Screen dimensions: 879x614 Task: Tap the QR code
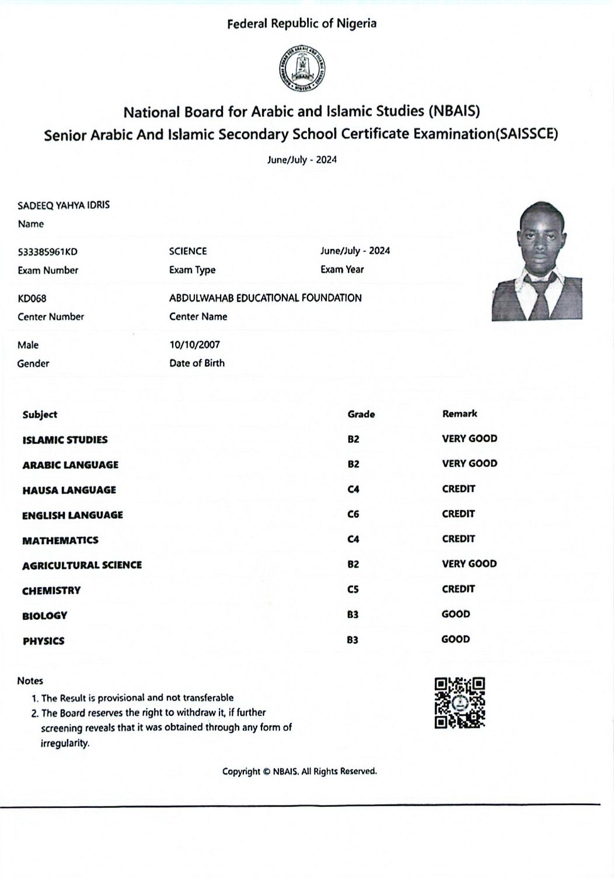pyautogui.click(x=460, y=703)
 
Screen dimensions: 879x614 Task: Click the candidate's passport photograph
pyautogui.click(x=536, y=261)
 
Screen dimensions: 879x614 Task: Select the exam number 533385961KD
pyautogui.click(x=47, y=252)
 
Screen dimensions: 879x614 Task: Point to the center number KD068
pyautogui.click(x=32, y=299)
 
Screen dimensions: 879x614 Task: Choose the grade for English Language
pyautogui.click(x=353, y=514)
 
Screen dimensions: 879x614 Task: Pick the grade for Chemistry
pyautogui.click(x=353, y=590)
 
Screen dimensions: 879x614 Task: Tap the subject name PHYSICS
pyautogui.click(x=44, y=641)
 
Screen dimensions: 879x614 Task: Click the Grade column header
pyautogui.click(x=361, y=414)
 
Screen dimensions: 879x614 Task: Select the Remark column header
pyautogui.click(x=459, y=414)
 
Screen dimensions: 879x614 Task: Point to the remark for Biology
pyautogui.click(x=455, y=614)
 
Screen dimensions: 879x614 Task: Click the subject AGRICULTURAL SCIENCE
pyautogui.click(x=82, y=565)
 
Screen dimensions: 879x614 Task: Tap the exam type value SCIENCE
pyautogui.click(x=188, y=252)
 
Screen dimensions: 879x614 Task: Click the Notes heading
pyautogui.click(x=30, y=681)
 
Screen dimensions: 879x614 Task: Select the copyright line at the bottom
pyautogui.click(x=299, y=772)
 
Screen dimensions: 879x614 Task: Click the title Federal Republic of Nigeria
pyautogui.click(x=302, y=24)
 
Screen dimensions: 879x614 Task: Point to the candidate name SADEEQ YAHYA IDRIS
pyautogui.click(x=64, y=205)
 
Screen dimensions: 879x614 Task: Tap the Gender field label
pyautogui.click(x=33, y=364)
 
